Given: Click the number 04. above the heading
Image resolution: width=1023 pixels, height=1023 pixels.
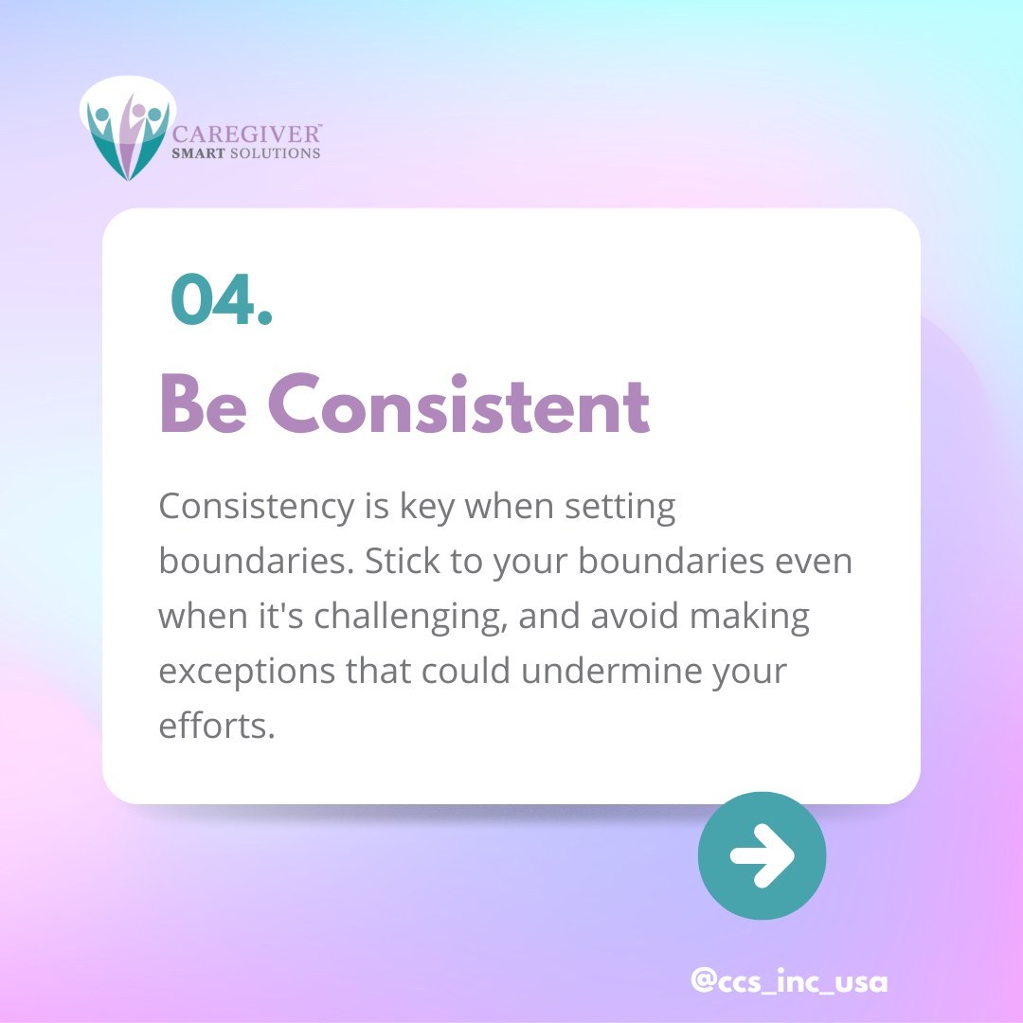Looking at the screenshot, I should [x=222, y=300].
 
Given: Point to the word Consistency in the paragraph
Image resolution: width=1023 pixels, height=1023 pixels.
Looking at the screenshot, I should [x=255, y=508].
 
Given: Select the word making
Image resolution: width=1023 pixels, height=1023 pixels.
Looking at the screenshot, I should [x=749, y=617].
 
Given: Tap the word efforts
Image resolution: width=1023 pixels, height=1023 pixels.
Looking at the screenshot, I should [x=216, y=726].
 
